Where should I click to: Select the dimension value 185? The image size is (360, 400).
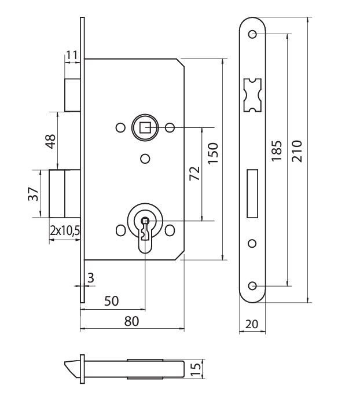pos(277,152)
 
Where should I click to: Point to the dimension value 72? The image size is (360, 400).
pos(194,173)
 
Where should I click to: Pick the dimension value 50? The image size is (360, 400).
pos(112,301)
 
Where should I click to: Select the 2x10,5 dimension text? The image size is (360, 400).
pos(65,231)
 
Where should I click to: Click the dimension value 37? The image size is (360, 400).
pos(34,193)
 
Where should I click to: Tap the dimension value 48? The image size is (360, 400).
pos(50,140)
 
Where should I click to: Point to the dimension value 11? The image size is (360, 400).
pos(72,56)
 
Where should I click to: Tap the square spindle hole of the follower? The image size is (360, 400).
pos(145,127)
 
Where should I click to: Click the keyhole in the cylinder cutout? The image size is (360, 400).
pos(145,222)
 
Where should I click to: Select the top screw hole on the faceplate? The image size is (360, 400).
pos(253,35)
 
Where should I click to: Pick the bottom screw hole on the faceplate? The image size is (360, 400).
pos(253,285)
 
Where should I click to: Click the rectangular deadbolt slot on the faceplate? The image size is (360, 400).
pos(253,194)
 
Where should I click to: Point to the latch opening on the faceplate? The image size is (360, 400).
pos(253,95)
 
